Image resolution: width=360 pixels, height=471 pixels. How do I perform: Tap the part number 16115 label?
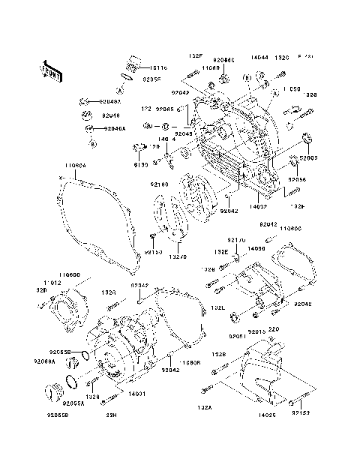coord(157,67)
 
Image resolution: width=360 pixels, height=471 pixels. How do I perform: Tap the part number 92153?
coord(301,412)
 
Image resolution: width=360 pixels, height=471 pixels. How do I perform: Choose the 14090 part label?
coord(256,247)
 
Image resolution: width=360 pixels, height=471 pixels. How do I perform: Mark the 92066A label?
coord(44,361)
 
